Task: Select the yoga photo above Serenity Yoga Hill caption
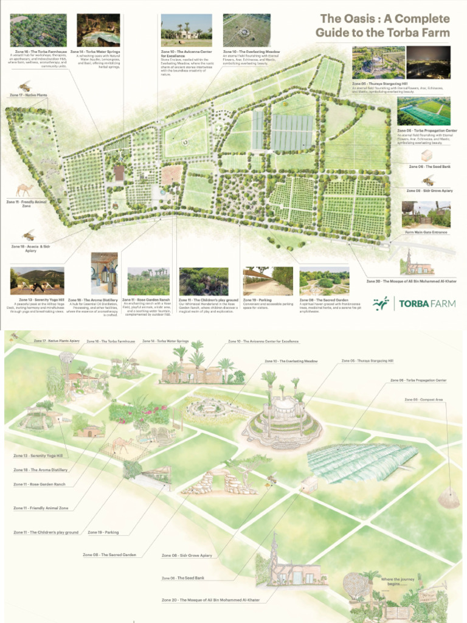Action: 36,281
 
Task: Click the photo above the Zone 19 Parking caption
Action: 268,281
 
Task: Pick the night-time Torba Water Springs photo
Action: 98,30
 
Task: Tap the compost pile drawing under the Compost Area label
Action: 448,498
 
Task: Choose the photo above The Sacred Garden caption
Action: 324,281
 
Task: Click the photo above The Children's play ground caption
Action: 204,281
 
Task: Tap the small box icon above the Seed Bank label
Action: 427,155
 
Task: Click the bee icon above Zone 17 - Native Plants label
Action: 24,86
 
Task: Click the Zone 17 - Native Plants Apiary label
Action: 57,341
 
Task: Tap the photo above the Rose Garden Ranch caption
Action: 148,281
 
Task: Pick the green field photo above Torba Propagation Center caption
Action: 423,111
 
